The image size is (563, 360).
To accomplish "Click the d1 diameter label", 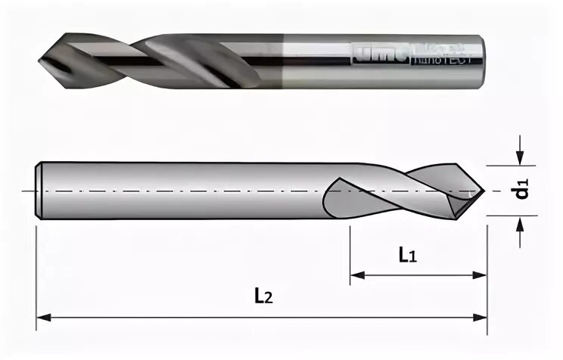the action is (x=522, y=190).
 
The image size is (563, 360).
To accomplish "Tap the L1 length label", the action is (x=408, y=256).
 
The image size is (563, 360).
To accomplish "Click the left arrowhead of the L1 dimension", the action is (x=356, y=275).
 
